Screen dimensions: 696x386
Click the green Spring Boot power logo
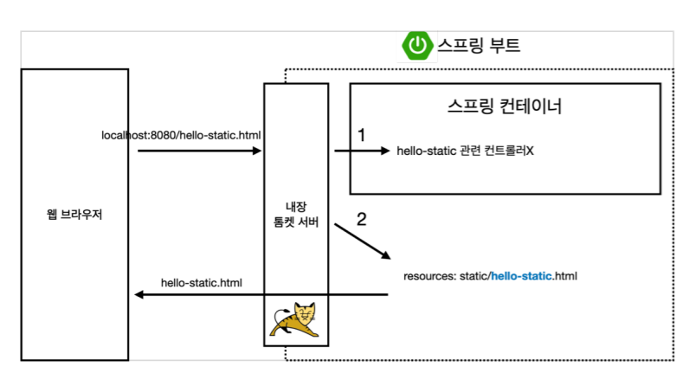418,45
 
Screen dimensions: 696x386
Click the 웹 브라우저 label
75,214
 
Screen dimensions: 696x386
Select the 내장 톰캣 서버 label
295,215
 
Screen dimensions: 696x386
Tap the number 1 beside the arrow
362,135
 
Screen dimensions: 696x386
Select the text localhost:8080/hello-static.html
181,136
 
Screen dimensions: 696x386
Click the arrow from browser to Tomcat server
199,151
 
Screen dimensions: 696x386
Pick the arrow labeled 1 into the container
362,151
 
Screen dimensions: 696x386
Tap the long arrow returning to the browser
260,295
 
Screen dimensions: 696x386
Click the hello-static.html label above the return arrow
202,282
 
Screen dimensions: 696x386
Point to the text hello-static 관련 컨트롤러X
466,151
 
